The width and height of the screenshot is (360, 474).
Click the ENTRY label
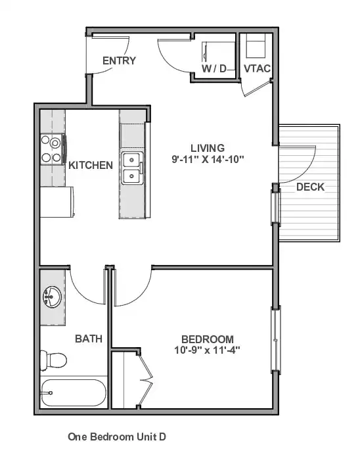pos(119,60)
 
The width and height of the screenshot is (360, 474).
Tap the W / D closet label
pos(214,68)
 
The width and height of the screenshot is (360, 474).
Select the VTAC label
pos(257,68)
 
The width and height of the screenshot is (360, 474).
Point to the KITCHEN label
pos(91,165)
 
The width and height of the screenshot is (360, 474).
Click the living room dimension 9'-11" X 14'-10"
pos(208,159)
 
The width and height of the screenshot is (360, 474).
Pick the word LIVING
pos(208,148)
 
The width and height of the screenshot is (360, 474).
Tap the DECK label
pos(310,187)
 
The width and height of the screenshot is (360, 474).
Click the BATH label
pos(89,339)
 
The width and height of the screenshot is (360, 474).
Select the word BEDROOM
pos(208,339)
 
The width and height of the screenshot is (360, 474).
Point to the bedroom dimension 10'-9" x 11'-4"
pos(207,350)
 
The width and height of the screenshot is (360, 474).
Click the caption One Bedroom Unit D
pos(117,437)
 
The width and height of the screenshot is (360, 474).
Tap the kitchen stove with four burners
pos(53,149)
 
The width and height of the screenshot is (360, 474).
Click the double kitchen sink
pos(132,168)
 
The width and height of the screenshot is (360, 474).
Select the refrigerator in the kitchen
pos(57,202)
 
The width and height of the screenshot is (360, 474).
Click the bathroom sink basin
pos(51,297)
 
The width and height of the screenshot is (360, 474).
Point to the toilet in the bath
pos(53,360)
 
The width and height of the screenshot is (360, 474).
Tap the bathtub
pos(74,392)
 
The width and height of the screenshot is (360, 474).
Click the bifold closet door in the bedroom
pos(146,379)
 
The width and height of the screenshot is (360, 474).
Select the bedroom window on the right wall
pos(275,340)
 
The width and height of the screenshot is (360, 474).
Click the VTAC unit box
pos(256,45)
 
